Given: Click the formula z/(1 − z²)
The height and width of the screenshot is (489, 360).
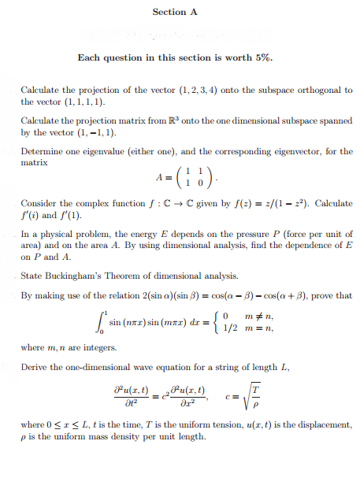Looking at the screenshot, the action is click(253, 204).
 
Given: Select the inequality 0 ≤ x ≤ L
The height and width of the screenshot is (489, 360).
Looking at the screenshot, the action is click(68, 425).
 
